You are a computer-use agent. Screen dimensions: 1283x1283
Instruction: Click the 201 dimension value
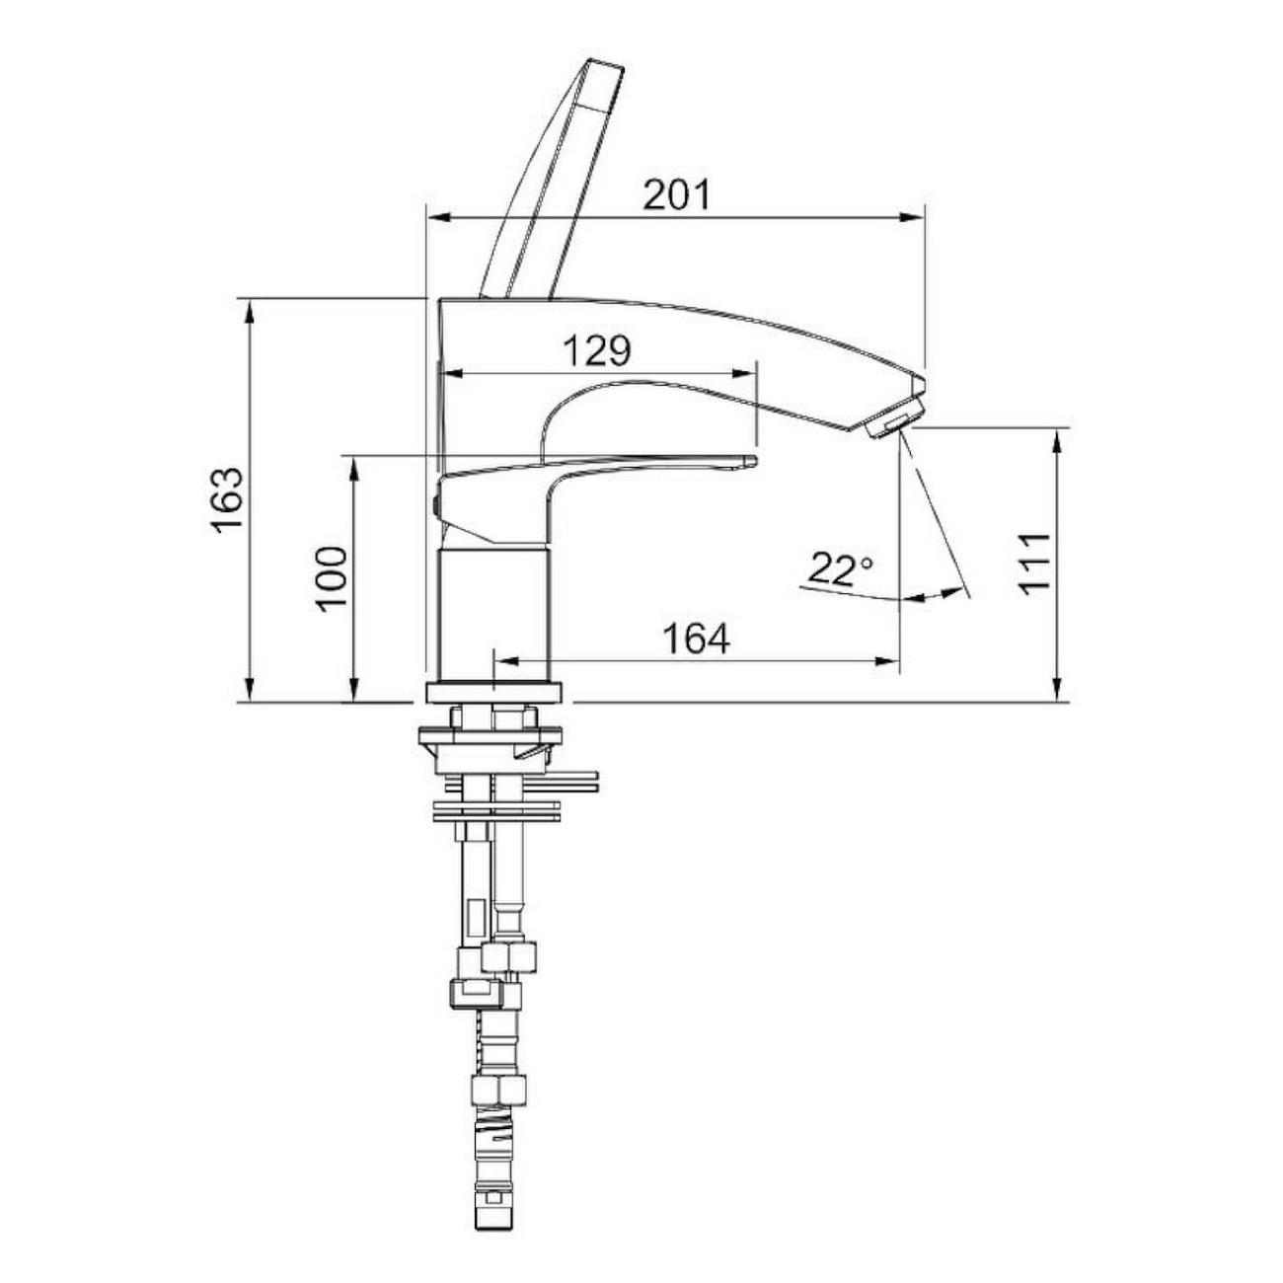[x=676, y=195]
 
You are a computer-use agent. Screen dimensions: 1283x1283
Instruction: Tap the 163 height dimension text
[x=228, y=499]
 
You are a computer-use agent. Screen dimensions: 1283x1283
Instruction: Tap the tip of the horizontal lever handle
[x=752, y=460]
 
